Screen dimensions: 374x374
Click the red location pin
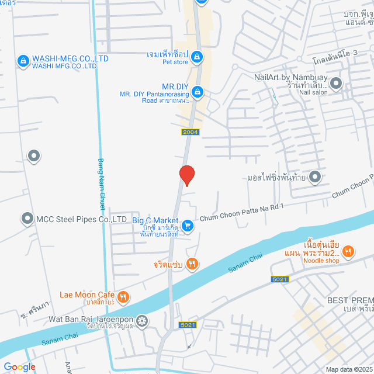(186, 175)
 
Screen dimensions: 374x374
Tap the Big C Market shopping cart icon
(187, 225)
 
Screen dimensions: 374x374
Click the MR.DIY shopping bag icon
(198, 91)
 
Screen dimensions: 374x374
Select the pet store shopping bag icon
(198, 57)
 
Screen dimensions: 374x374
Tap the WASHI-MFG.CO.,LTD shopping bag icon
(23, 60)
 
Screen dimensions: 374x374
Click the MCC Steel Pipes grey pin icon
(27, 219)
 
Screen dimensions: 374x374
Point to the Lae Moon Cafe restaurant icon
(123, 297)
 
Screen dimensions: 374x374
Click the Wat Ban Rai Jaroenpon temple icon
(141, 321)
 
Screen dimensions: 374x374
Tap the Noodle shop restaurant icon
(348, 251)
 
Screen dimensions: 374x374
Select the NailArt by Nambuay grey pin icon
(336, 84)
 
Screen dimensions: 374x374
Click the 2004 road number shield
(191, 132)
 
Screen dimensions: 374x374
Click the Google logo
(19, 367)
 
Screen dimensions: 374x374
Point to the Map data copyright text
(348, 369)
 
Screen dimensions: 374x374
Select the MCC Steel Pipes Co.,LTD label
(82, 219)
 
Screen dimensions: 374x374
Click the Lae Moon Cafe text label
(86, 295)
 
